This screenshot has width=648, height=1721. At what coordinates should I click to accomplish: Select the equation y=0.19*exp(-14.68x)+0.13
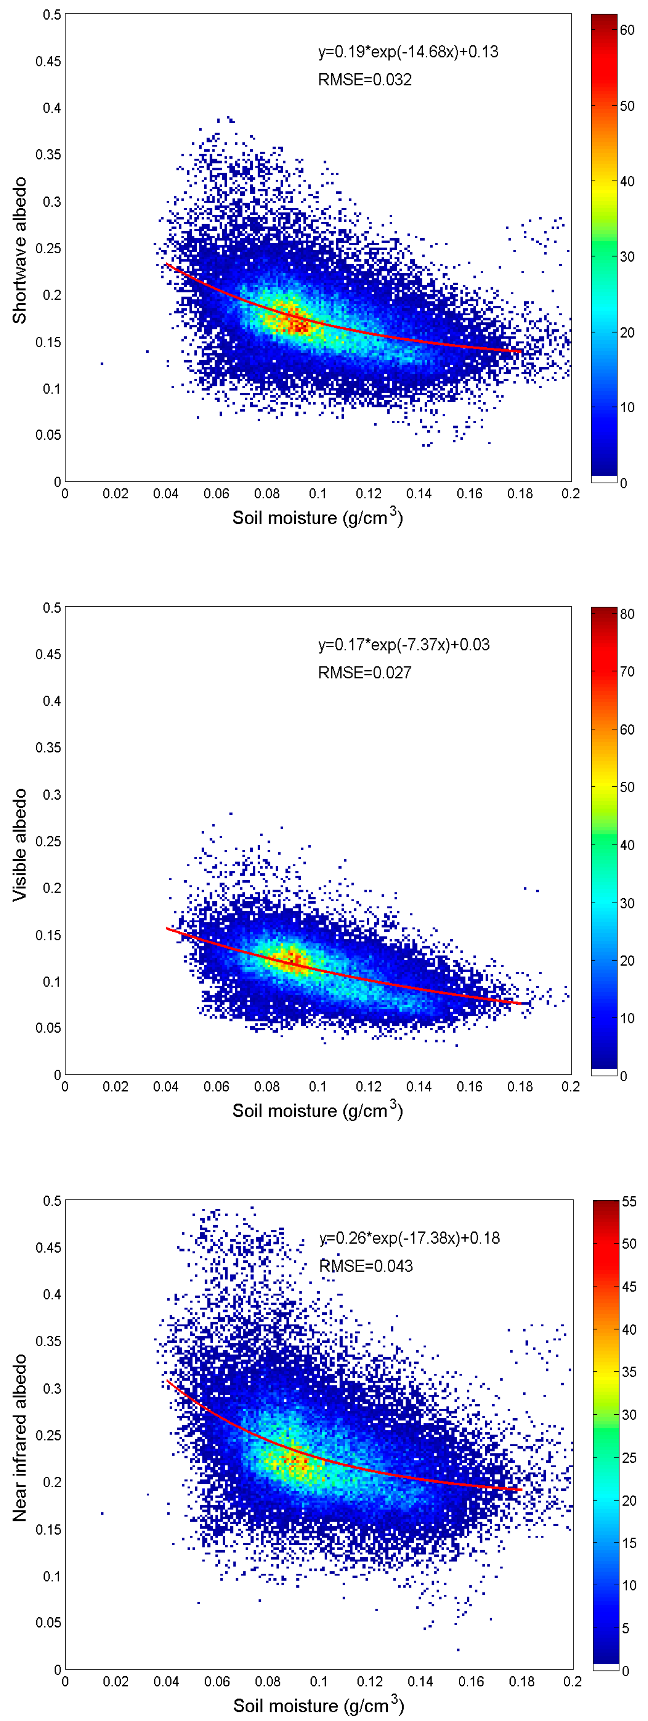coord(408,52)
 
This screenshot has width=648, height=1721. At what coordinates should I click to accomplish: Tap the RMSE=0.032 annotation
coord(364,80)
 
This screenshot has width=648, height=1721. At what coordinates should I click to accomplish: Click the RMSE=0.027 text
coord(364,673)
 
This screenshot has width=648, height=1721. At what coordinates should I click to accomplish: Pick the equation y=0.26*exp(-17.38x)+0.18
coord(409,1238)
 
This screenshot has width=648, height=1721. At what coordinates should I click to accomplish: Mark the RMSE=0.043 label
coord(366,1266)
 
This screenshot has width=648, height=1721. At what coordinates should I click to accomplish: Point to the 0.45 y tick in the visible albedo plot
coord(48,654)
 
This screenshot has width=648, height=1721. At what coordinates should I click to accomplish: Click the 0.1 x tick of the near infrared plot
coord(319,1681)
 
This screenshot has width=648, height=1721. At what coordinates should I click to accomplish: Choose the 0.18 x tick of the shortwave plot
coord(520,494)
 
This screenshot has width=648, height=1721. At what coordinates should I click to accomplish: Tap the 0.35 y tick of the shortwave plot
coord(48,154)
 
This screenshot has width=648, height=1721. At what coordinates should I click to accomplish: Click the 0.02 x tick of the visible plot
coord(115,1087)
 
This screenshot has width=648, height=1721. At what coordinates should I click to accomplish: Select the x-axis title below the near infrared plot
coord(318,1706)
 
